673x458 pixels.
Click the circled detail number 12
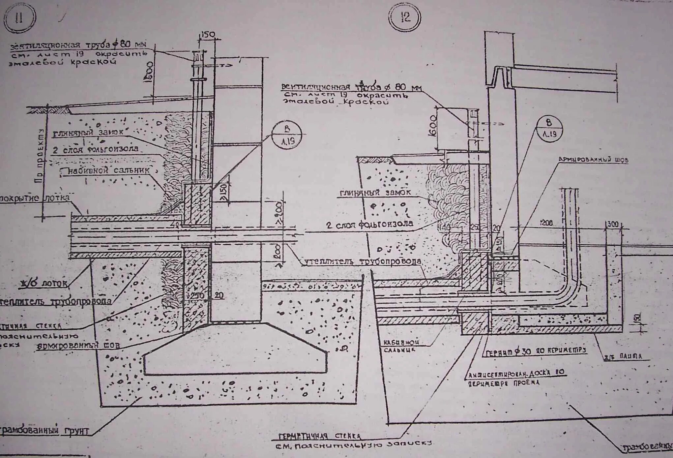click(405, 17)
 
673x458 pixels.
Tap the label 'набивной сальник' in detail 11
click(109, 170)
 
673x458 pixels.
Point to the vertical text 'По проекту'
click(40, 155)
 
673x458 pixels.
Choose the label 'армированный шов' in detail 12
click(593, 160)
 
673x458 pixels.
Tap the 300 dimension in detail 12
click(613, 224)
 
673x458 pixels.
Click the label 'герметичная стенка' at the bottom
click(319, 437)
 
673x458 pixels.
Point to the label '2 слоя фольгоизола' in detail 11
click(96, 149)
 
